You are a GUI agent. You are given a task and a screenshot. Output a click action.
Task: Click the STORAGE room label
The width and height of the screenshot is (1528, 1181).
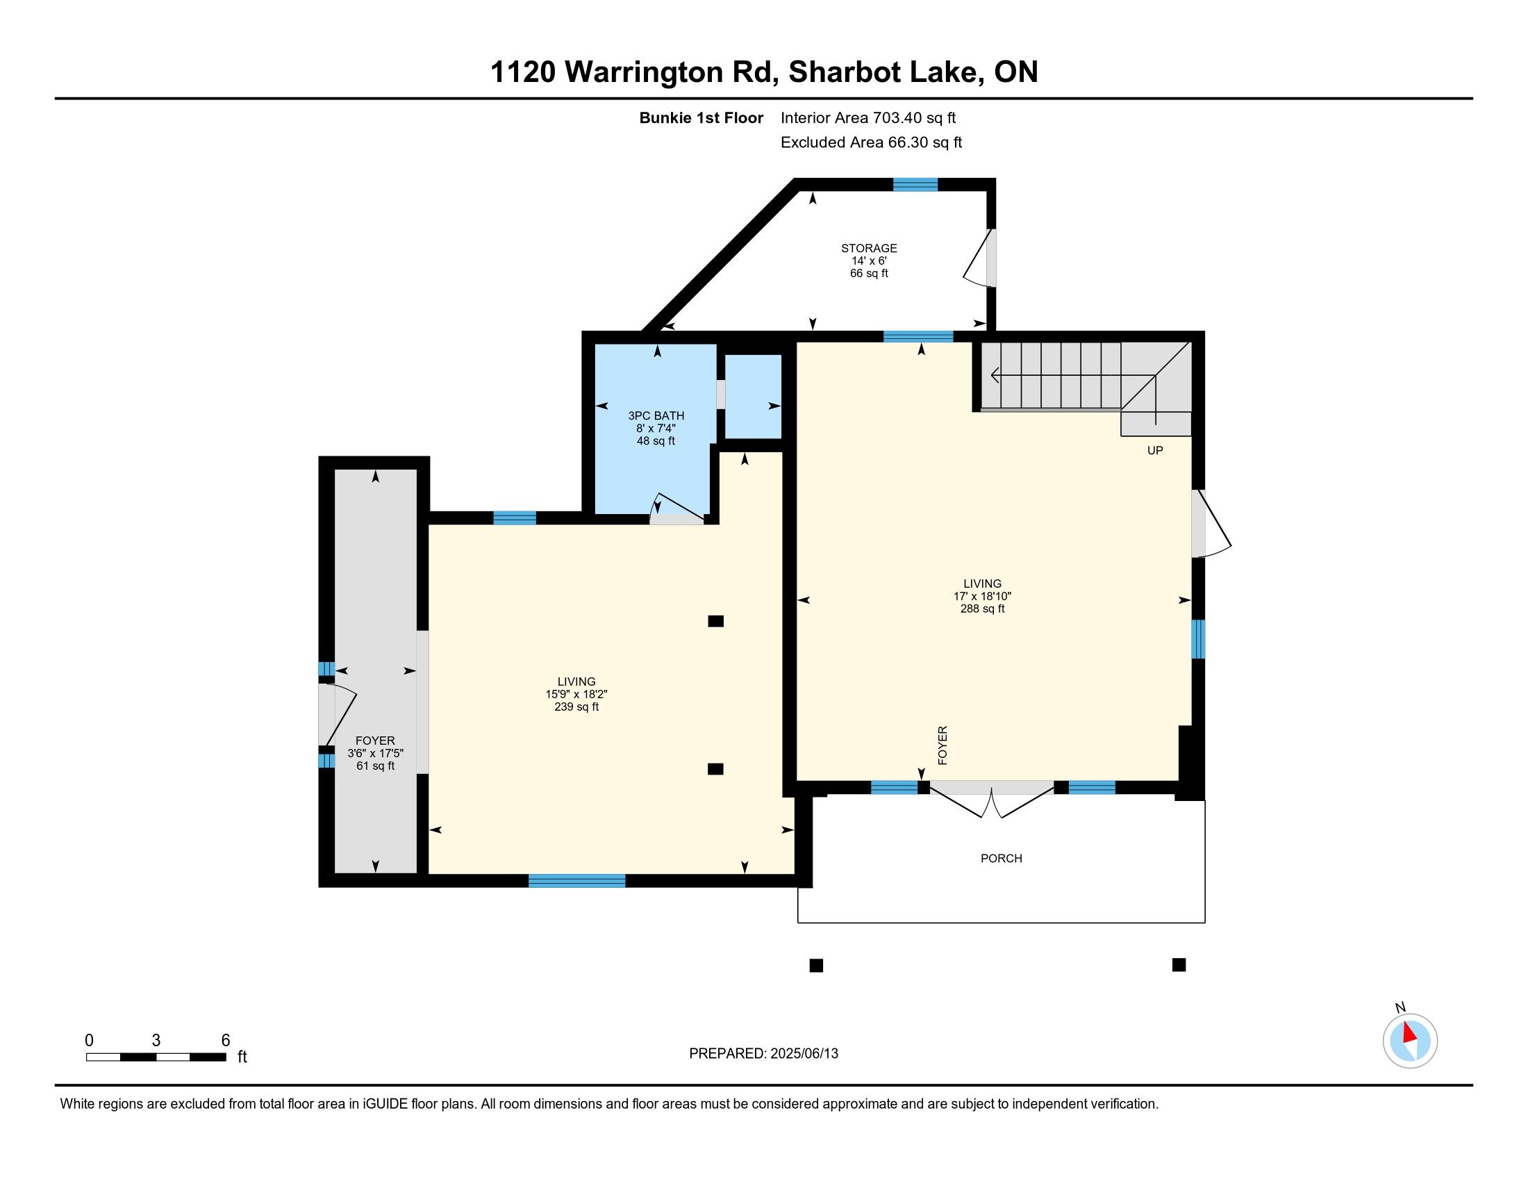point(869,249)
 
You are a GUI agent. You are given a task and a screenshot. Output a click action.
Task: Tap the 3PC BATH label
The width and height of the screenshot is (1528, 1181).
point(656,415)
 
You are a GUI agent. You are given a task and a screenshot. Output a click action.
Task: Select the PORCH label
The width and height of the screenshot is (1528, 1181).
point(1001,859)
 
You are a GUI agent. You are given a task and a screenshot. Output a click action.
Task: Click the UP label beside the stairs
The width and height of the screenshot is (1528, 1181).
point(1155,451)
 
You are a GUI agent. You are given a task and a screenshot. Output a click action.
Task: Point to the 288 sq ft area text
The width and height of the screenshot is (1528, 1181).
point(982,609)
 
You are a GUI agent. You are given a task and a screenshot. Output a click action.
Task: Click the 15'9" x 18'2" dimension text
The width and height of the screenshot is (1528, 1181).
point(576,694)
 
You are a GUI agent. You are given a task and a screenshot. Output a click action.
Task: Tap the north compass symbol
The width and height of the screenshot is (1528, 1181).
point(1410,1041)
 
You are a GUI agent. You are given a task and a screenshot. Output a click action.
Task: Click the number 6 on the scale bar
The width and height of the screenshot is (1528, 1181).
point(225,1040)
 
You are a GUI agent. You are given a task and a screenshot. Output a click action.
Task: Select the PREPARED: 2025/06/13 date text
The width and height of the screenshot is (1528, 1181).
point(763,1053)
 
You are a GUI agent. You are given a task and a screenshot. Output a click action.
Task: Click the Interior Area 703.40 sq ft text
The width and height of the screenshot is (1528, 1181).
point(867,117)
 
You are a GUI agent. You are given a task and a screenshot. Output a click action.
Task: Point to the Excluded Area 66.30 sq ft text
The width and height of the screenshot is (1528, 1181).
point(871,142)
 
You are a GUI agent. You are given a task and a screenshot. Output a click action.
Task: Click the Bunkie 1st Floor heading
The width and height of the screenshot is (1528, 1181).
point(701,117)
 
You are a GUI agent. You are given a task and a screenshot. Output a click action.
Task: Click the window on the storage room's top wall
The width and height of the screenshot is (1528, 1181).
point(915,185)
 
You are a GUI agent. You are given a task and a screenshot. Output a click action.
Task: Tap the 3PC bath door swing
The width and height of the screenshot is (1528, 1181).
point(676,509)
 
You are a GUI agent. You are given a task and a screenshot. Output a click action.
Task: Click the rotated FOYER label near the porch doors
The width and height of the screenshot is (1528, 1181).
point(942,745)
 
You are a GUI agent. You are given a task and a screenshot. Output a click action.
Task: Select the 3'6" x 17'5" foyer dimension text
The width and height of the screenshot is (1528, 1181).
point(376,753)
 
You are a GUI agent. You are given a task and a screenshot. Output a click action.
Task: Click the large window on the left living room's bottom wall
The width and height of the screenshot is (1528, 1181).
point(576,881)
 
